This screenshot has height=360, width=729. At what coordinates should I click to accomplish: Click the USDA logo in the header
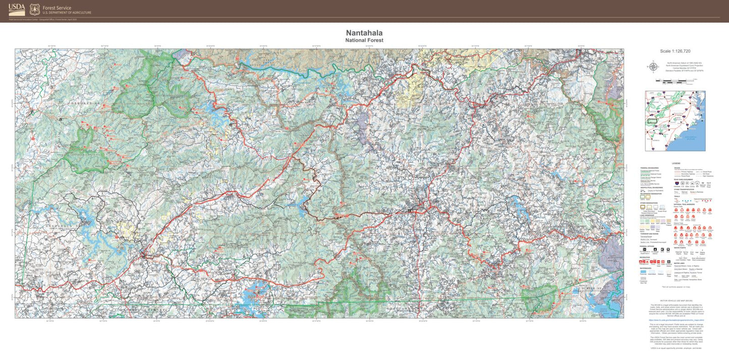17,10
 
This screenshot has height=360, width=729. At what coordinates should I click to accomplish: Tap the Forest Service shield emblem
35,9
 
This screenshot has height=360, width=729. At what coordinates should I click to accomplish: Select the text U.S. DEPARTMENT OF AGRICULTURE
67,13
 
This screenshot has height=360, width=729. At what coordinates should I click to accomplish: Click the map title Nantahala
364,33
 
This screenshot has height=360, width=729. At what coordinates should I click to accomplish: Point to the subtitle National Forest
364,40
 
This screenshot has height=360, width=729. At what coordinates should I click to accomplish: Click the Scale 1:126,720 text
675,51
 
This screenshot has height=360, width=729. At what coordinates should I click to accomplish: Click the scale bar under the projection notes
675,80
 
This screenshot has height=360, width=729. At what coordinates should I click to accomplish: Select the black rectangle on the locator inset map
654,120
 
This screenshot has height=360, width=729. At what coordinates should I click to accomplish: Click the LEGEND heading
676,163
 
